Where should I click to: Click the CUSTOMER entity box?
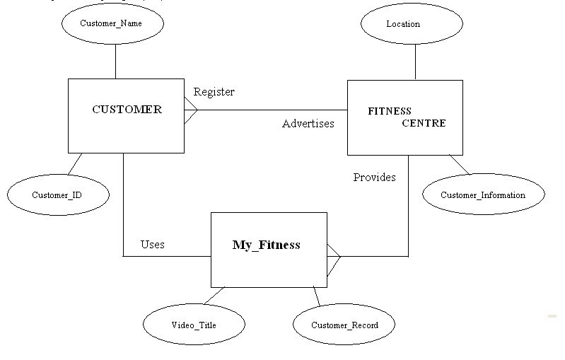coord(126,116)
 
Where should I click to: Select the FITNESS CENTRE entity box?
coord(404,117)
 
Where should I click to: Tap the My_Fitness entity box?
coord(269,249)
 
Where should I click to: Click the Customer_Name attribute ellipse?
coord(112,24)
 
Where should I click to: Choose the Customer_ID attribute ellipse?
coord(57,194)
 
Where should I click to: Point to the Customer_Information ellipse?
coord(483,195)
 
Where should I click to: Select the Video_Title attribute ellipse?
coord(194,325)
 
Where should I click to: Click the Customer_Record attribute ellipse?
coord(344,325)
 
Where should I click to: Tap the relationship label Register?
coord(214,92)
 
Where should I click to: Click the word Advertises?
coord(308,124)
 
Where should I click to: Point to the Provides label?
coord(374,178)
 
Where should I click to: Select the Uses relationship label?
coord(152,245)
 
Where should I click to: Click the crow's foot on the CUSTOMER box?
coord(190,110)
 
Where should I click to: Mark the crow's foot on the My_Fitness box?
coord(333,256)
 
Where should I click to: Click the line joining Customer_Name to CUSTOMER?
coord(115,61)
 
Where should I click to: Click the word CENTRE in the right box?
coord(424,123)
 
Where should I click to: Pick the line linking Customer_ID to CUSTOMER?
coord(75,163)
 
